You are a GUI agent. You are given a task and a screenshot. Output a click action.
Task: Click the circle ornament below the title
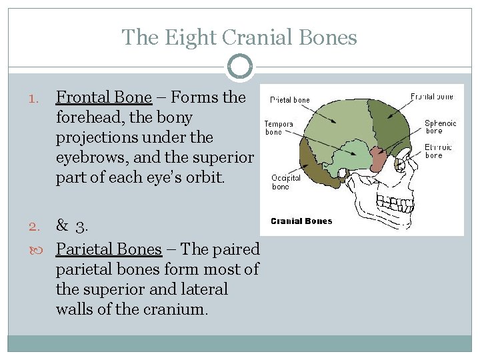[x=239, y=67]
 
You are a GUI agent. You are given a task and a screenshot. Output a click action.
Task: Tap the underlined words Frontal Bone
[x=104, y=97]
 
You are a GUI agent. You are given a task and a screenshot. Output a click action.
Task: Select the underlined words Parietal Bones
[x=109, y=249]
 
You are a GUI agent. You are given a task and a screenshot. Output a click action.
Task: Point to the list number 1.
[x=35, y=98]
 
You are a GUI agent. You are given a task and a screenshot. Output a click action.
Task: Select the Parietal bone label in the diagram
[x=290, y=100]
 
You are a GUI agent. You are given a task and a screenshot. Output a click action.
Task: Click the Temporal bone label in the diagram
[x=278, y=127]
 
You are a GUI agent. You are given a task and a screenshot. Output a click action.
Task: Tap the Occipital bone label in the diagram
[x=285, y=182]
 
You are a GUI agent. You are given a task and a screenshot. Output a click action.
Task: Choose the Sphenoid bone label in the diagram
[x=440, y=127]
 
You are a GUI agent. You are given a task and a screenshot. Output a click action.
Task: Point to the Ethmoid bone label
[x=438, y=151]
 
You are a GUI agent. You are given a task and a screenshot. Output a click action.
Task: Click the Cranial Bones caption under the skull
[x=301, y=221]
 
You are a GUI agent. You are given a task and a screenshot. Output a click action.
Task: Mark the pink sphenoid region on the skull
[x=378, y=159]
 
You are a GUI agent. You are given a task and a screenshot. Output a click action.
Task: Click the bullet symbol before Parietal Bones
[x=35, y=250]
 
